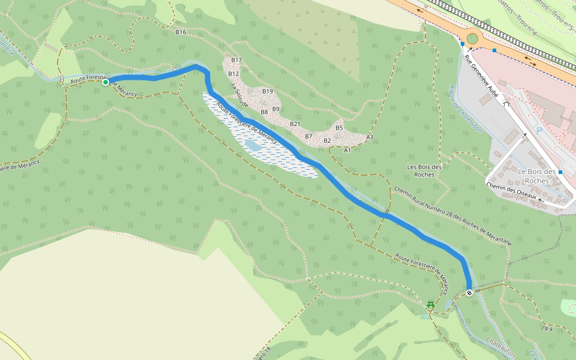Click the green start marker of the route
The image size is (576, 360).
pos(106,82)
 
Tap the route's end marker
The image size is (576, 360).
pos(469,293)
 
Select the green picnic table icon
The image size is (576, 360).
pos(430,305)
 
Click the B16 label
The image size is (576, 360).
pos(181,32)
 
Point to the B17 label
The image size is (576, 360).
pos(236,60)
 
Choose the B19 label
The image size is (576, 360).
pos(268,91)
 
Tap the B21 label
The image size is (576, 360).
pos(295,124)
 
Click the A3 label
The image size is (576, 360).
pos(370,137)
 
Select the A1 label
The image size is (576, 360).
pos(347,150)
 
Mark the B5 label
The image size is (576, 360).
pos(339,128)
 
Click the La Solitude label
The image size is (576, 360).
pos(239,95)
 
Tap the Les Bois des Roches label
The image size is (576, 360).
pos(424,170)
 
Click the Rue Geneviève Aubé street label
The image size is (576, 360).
pos(482,76)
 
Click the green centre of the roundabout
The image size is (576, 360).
pos(472,38)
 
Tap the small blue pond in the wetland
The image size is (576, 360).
pos(253,145)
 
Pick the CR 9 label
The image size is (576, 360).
pos(546,329)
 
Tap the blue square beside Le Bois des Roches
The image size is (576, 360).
pos(560,172)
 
